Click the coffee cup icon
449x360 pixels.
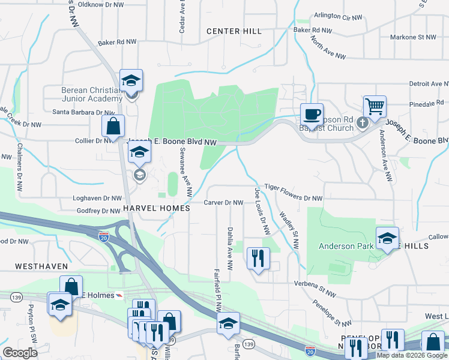click(312, 113)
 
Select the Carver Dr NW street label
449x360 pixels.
click(223, 203)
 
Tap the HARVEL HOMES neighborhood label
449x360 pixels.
click(156, 208)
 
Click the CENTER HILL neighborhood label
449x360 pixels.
click(234, 31)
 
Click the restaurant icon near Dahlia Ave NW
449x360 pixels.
click(258, 259)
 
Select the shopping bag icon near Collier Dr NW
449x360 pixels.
click(112, 126)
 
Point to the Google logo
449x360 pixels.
click(20, 353)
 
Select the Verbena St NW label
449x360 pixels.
click(314, 284)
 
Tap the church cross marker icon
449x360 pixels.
click(361, 123)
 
